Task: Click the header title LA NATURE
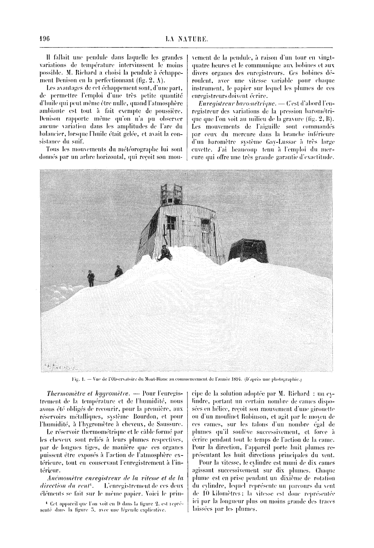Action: (x=187, y=38)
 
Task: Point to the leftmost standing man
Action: (x=91, y=277)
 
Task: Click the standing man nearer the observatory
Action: (x=118, y=271)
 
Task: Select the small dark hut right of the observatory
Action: (x=246, y=250)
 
